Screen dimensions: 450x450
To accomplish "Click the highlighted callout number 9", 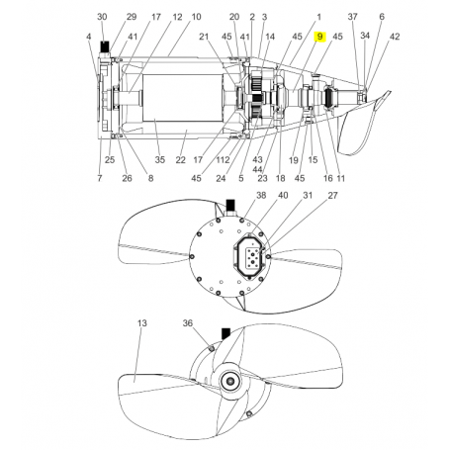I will pyautogui.click(x=318, y=37).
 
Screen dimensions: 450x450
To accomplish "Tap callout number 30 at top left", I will pyautogui.click(x=102, y=18).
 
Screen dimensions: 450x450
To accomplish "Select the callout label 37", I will pyautogui.click(x=353, y=18).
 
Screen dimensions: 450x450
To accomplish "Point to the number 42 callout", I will pyautogui.click(x=395, y=37).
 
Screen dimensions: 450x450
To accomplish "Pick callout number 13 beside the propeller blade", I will pyautogui.click(x=141, y=323).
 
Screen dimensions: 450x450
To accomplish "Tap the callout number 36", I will pyautogui.click(x=188, y=323).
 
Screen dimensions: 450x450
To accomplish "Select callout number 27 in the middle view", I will pyautogui.click(x=332, y=197).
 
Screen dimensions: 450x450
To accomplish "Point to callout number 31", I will pyautogui.click(x=307, y=197).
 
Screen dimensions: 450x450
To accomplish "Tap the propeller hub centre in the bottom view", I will pyautogui.click(x=230, y=382).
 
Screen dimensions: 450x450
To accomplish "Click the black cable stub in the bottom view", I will pyautogui.click(x=225, y=332).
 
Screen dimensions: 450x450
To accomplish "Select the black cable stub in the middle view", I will pyautogui.click(x=230, y=206).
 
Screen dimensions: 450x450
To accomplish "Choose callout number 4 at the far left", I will pyautogui.click(x=89, y=37).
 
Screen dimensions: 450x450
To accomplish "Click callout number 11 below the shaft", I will pyautogui.click(x=341, y=178).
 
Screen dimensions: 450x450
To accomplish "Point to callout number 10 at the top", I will pyautogui.click(x=196, y=18).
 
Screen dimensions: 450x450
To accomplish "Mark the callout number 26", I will pyautogui.click(x=126, y=178).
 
